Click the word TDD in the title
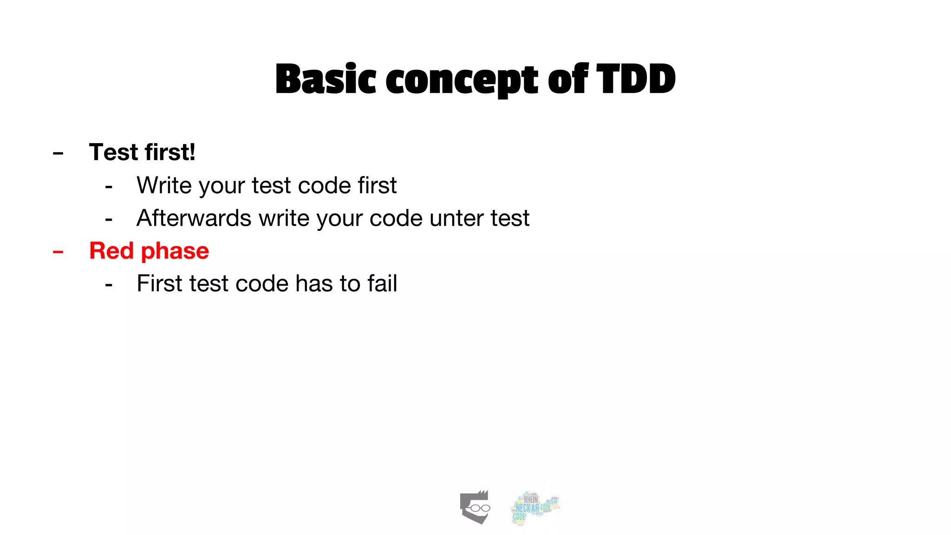point(636,79)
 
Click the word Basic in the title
point(326,79)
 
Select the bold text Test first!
point(142,152)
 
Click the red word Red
point(111,251)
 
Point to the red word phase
point(175,252)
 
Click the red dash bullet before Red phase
point(58,252)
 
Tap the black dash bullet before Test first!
point(58,153)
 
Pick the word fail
point(382,283)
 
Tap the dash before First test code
point(109,284)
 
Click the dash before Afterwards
point(109,219)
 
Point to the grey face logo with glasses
point(475,507)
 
